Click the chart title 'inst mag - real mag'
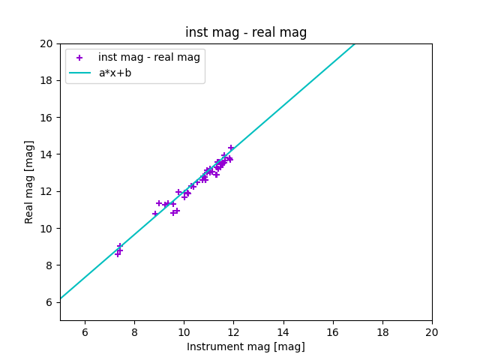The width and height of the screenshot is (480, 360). pyautogui.click(x=246, y=32)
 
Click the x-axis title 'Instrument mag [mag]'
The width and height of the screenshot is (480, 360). pyautogui.click(x=246, y=346)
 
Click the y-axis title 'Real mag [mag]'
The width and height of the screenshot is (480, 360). pyautogui.click(x=29, y=181)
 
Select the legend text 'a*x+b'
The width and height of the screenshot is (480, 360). pyautogui.click(x=115, y=73)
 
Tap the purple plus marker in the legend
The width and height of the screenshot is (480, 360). pyautogui.click(x=79, y=58)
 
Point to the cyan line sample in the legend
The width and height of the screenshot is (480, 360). pyautogui.click(x=79, y=73)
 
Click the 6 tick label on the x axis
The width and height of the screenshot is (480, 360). pyautogui.click(x=85, y=332)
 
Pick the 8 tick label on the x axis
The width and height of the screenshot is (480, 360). pyautogui.click(x=134, y=332)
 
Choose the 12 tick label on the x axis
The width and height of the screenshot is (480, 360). pyautogui.click(x=233, y=332)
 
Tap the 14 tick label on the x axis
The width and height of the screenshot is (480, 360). pyautogui.click(x=283, y=332)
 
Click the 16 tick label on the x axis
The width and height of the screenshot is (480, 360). pyautogui.click(x=333, y=332)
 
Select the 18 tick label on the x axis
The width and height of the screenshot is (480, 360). pyautogui.click(x=382, y=332)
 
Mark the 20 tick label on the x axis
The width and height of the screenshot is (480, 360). pyautogui.click(x=432, y=332)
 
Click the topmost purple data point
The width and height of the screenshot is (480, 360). pyautogui.click(x=231, y=148)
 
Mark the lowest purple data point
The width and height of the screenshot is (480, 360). pyautogui.click(x=118, y=254)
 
